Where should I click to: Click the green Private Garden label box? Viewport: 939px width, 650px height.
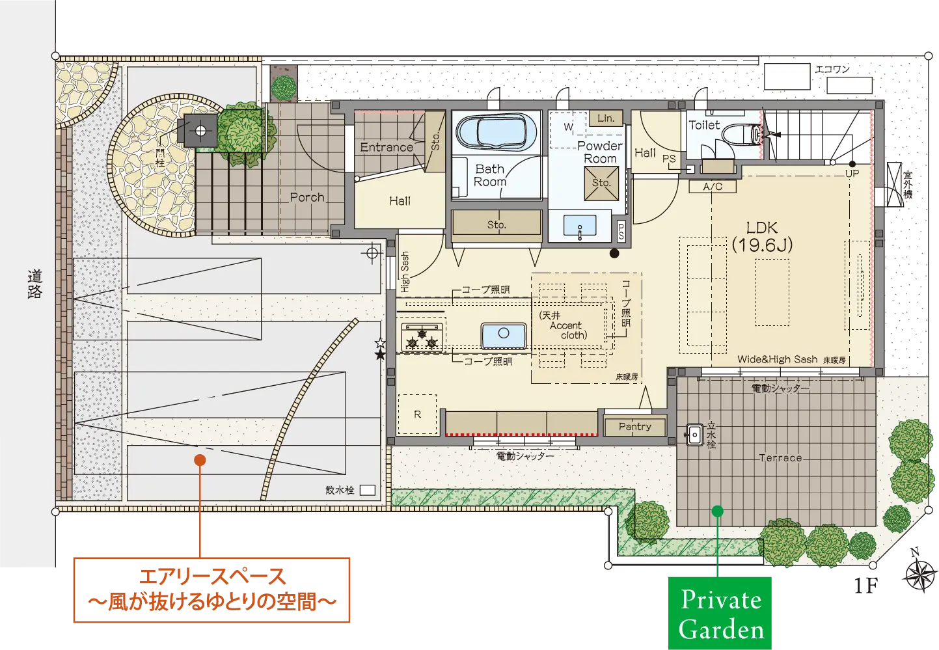pos(719,613)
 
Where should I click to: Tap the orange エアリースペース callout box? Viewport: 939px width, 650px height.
pos(211,589)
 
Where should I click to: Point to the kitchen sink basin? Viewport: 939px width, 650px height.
pos(504,335)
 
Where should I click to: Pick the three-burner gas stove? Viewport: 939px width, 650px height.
pos(422,337)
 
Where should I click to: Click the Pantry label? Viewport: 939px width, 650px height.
pos(634,427)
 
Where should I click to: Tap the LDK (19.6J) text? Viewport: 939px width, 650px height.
pos(762,237)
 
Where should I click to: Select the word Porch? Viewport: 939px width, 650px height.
pos(307,197)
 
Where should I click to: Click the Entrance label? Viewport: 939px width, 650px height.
pos(387,147)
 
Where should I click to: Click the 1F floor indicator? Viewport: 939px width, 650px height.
pos(865,586)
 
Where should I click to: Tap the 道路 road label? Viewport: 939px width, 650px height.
pos(34,284)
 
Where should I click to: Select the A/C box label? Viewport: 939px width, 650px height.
pos(713,187)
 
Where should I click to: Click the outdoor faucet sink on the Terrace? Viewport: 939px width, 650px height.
pos(694,435)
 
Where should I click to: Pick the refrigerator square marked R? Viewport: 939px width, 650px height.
pos(418,414)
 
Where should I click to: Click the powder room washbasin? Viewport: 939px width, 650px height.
pos(580,226)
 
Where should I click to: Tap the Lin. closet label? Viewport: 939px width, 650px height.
pos(606,118)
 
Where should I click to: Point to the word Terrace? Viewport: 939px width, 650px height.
pos(780,458)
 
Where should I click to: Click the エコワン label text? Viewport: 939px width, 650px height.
pos(832,69)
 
